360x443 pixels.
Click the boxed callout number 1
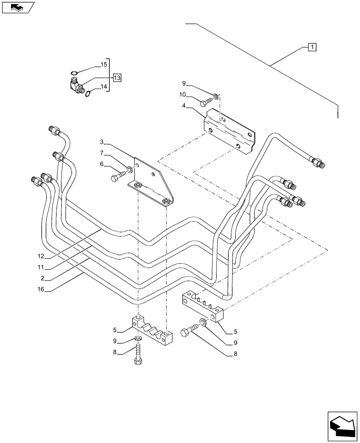coord(312,47)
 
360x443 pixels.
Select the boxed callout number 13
coord(117,78)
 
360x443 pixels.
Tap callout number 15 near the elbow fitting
coord(104,65)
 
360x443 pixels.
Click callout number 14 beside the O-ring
coord(104,87)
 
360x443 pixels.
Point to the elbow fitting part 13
coord(76,84)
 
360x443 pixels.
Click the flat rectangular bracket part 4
coord(228,133)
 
